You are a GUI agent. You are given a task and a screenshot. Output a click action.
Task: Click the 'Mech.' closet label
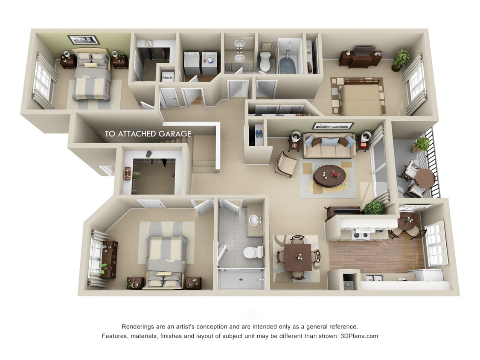point(167,78)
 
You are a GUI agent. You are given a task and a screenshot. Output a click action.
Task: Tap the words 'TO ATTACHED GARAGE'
point(148,134)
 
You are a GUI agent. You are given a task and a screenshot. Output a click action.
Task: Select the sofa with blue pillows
point(329,145)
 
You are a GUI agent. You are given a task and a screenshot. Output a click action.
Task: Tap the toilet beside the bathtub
point(265,61)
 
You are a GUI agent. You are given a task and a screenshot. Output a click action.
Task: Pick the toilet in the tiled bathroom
point(251,252)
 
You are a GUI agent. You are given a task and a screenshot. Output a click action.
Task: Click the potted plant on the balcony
point(422,144)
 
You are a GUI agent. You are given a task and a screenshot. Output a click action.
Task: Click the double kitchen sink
point(374,278)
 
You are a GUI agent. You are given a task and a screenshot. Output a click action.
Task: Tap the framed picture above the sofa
point(333,126)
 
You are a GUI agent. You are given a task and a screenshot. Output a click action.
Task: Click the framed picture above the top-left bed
point(84,40)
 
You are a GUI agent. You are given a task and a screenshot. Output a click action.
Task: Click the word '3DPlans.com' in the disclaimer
point(359,336)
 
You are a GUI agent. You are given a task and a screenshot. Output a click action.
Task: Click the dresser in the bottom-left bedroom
point(109,259)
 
